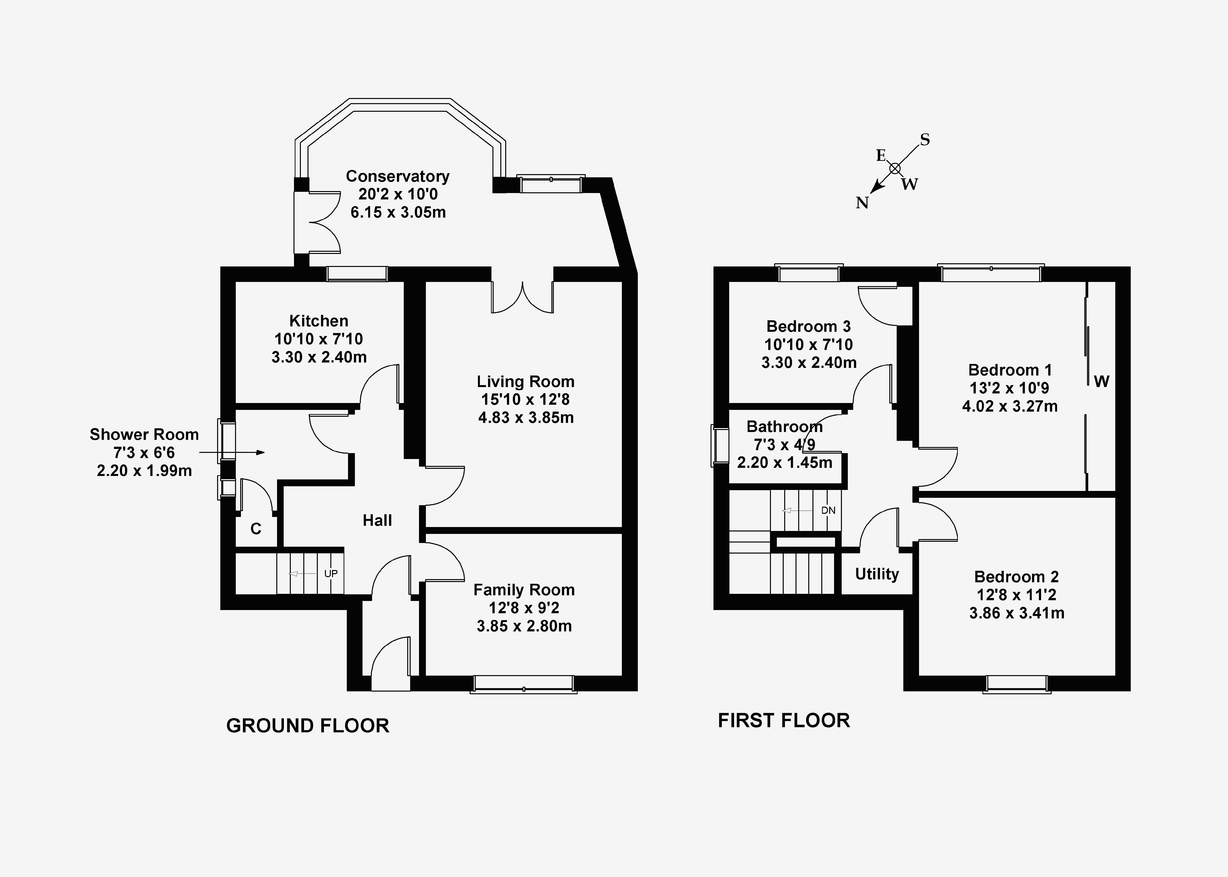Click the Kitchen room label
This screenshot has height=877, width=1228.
point(319,321)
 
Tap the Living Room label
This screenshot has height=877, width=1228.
point(525,382)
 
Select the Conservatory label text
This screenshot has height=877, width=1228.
point(397,177)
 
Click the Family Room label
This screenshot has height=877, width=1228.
point(524,590)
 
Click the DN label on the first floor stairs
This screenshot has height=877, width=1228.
point(828,510)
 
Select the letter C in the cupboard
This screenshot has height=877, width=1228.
point(256,529)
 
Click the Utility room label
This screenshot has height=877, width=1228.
point(877,574)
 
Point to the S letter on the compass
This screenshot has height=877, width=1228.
point(924,140)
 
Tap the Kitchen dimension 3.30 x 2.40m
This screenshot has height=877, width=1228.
point(319,357)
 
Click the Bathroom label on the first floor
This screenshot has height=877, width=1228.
point(784,427)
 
